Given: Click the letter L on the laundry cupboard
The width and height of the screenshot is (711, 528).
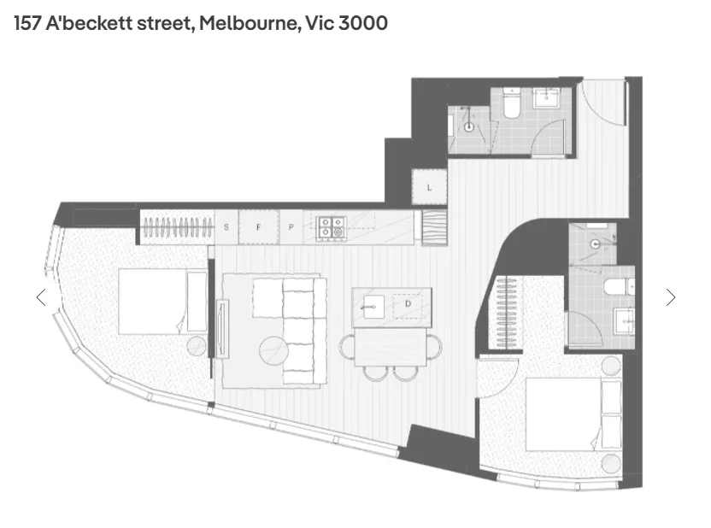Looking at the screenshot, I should (429, 186).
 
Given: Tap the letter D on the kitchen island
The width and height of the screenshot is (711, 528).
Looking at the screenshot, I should (408, 303).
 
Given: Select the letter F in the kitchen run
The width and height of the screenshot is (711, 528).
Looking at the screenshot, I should (259, 227).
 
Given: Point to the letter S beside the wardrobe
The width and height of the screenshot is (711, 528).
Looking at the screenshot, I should (226, 227).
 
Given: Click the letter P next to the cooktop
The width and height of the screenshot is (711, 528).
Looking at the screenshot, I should (291, 227).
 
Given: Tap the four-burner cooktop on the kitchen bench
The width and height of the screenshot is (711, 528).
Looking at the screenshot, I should (331, 226).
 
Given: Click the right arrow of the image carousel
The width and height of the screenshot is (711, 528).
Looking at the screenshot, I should (671, 297).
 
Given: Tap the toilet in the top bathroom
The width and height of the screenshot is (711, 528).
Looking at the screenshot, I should (512, 104).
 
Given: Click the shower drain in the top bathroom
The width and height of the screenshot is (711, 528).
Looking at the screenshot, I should (469, 127).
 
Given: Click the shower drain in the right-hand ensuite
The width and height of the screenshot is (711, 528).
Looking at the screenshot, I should (595, 243).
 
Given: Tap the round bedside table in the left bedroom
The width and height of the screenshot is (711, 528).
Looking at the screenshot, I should (197, 345).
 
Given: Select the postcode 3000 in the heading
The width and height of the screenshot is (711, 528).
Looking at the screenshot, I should (363, 23).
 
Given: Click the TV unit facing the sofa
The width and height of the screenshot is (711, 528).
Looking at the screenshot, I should (222, 329).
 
